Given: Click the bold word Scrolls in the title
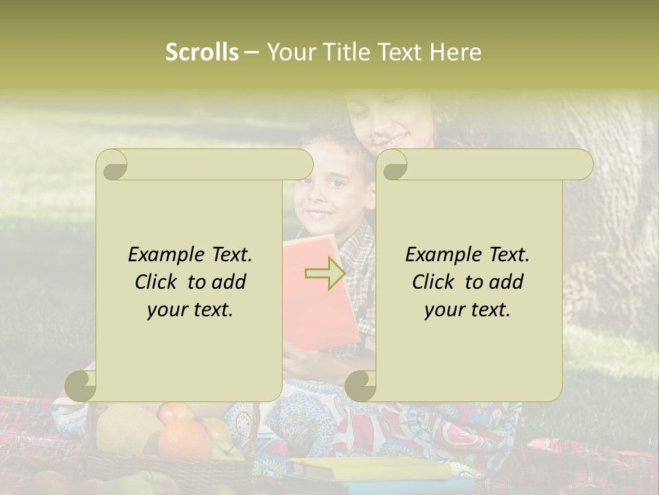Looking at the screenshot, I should (203, 52).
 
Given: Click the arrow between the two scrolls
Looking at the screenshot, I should (325, 274).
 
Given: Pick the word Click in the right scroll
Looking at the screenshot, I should (432, 283).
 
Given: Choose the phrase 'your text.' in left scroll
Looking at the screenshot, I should (190, 310).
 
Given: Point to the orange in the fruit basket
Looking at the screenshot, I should (184, 440).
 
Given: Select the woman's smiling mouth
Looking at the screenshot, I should (393, 135).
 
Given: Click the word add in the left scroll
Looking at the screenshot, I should (229, 283).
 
